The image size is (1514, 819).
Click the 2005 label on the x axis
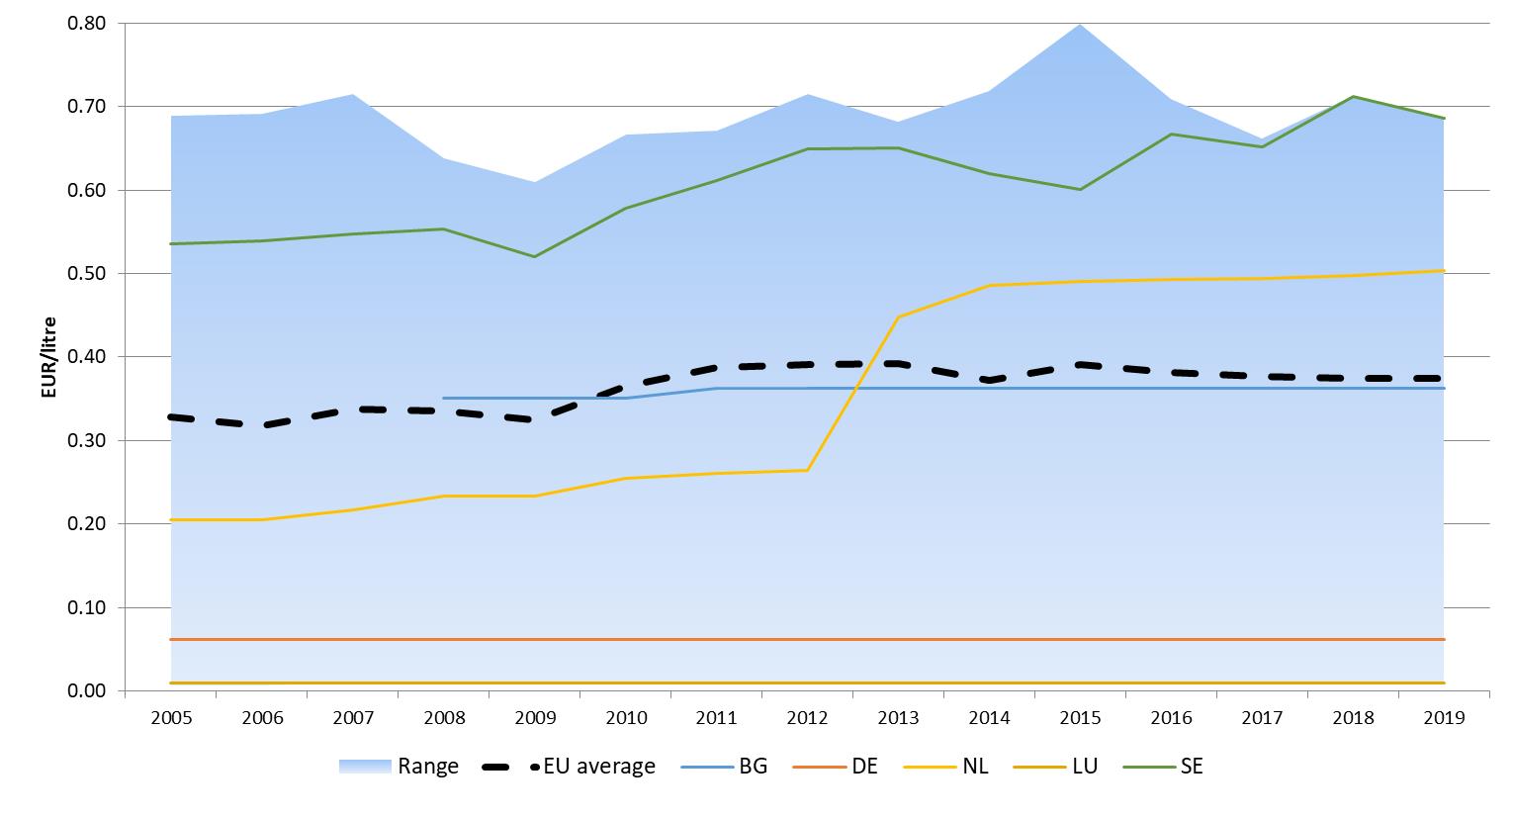point(171,718)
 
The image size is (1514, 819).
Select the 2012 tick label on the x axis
point(808,718)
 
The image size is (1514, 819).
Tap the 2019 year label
point(1444,718)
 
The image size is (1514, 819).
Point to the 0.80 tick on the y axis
point(86,23)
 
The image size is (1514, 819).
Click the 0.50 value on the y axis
point(86,273)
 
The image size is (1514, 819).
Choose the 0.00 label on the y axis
point(86,690)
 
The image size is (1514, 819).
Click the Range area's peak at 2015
point(1080,24)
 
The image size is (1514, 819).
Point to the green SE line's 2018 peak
point(1353,97)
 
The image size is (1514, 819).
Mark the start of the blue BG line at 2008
point(444,398)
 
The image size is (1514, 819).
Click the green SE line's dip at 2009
point(535,256)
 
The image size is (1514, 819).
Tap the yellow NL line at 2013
point(899,317)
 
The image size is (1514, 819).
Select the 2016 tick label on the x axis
point(1171,718)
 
